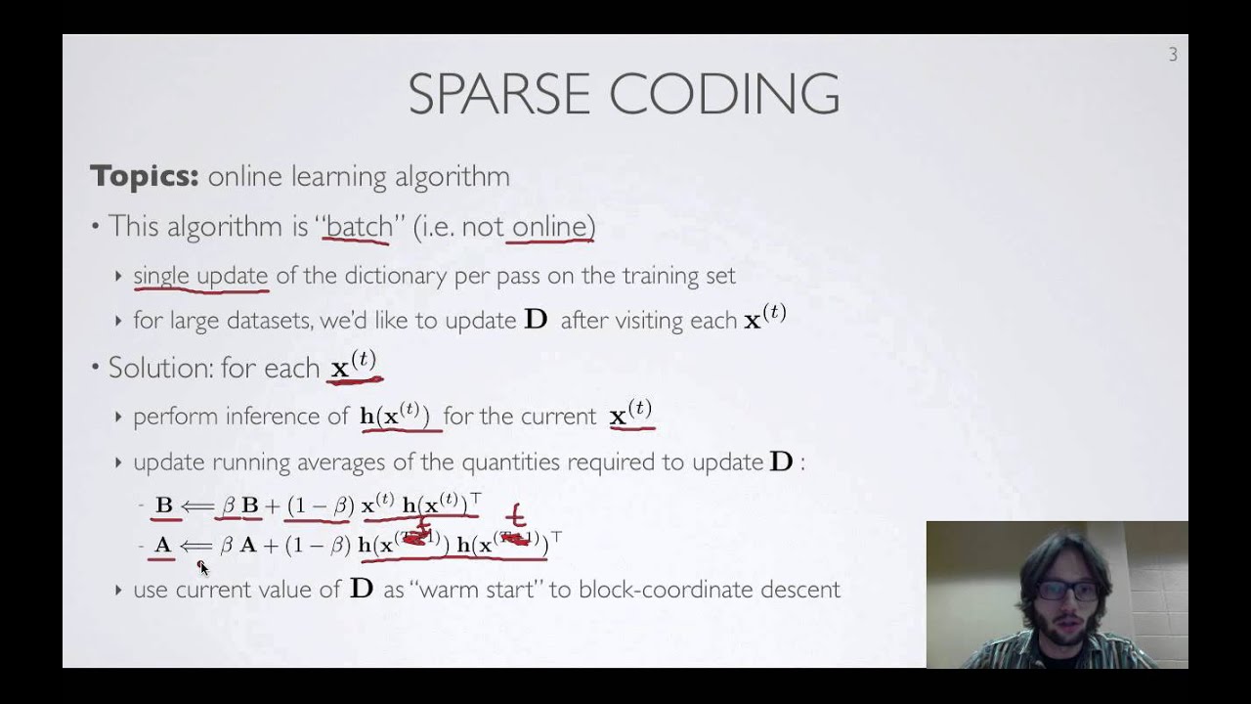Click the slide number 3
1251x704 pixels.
(1173, 56)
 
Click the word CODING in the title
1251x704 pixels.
(724, 95)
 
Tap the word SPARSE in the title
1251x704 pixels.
(497, 95)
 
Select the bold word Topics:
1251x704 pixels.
(145, 177)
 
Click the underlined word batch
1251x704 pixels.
(359, 227)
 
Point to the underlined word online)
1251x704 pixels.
(553, 227)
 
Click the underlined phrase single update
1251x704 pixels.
(200, 276)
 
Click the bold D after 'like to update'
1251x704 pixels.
(536, 320)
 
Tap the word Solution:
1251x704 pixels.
(162, 368)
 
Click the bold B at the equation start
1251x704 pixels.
(164, 506)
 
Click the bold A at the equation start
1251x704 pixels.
(163, 545)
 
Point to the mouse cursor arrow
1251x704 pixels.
(202, 567)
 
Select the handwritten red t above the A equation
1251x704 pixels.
(515, 515)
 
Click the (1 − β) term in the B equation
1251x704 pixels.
(320, 506)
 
